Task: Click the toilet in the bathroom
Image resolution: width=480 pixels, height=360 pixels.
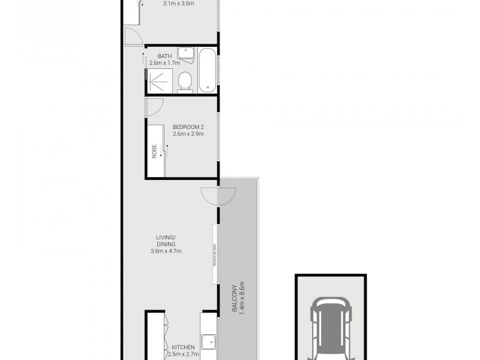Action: pos(185,82)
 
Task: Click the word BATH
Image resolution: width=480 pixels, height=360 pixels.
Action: pos(157,56)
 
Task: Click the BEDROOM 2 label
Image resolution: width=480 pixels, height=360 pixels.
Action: pos(188,127)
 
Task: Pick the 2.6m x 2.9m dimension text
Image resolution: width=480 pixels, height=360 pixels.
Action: pos(188,134)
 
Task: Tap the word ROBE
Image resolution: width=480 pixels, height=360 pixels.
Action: pos(154,151)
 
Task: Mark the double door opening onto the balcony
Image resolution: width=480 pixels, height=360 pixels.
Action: pos(218,195)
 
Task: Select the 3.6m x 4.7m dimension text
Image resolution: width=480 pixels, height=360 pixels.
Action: pos(166,251)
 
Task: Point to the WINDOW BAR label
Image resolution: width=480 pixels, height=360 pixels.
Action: pos(214,254)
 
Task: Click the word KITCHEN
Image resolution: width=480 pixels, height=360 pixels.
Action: pos(183,347)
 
